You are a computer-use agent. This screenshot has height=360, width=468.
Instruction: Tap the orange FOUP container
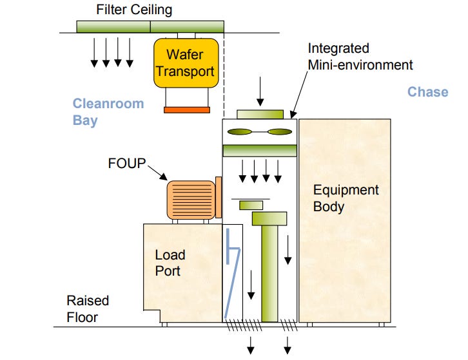point(191,200)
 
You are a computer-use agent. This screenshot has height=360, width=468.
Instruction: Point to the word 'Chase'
point(427,92)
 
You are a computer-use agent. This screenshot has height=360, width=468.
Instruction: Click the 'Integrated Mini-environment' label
point(360,57)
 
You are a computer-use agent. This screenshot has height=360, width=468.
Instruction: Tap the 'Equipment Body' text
point(346,198)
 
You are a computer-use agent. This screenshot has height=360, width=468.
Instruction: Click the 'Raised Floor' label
point(88,308)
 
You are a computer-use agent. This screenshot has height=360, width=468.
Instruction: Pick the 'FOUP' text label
point(126,164)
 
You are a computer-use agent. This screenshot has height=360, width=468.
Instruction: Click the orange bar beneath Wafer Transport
point(186,110)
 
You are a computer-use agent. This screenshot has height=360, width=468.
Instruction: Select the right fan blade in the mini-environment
point(280,132)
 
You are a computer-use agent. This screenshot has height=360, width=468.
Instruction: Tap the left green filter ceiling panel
point(113,27)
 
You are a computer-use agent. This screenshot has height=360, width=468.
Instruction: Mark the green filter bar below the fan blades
point(260,151)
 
